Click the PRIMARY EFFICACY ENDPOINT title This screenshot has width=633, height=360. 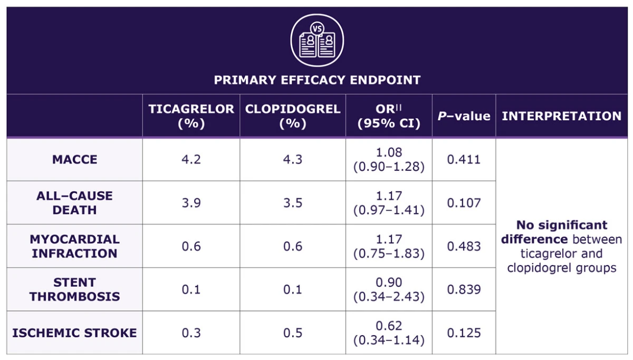click(317, 80)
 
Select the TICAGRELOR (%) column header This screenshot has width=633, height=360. click(191, 116)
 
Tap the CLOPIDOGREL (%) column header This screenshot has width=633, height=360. click(293, 116)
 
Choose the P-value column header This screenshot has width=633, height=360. click(464, 116)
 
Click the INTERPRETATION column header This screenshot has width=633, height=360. click(561, 116)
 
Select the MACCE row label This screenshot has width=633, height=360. click(74, 159)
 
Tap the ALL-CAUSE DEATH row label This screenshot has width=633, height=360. click(74, 203)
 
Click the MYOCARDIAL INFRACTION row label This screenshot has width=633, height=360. click(74, 246)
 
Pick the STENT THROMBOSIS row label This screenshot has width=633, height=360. click(74, 289)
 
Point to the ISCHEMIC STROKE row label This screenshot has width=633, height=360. click(74, 333)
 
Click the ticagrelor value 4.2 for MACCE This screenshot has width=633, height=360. click(191, 159)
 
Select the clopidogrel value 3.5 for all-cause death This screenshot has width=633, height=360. click(293, 203)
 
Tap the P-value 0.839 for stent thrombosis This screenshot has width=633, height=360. click(464, 289)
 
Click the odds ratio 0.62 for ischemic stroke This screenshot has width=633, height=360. click(389, 326)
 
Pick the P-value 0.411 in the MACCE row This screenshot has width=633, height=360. click(464, 159)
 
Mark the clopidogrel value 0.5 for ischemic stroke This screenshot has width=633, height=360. click(293, 333)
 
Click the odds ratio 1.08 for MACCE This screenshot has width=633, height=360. click(389, 152)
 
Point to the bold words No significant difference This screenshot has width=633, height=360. click(561, 232)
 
